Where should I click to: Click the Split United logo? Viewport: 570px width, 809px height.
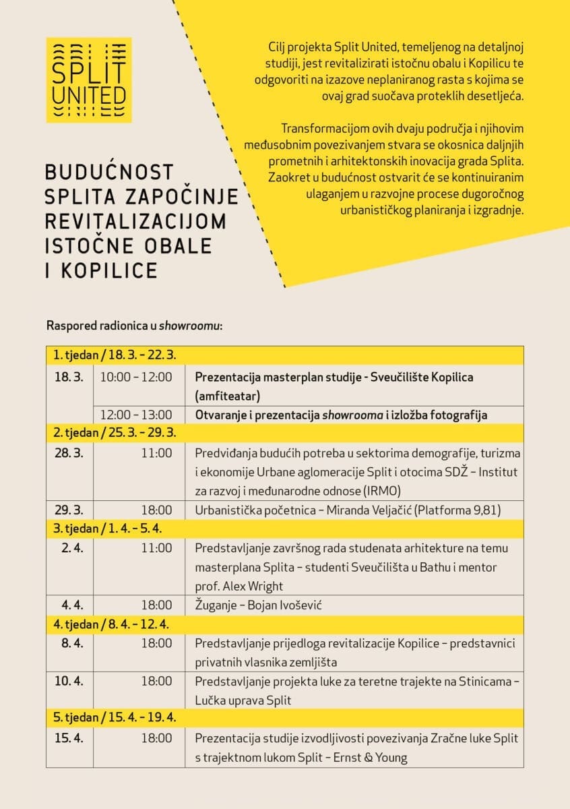88,80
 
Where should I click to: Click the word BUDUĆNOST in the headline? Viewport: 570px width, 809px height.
109,172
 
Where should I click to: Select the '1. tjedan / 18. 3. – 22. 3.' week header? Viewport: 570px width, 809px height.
115,355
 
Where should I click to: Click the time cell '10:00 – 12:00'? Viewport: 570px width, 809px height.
136,377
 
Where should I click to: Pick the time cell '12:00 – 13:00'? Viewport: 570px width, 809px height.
136,415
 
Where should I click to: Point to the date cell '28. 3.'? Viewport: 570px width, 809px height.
69,453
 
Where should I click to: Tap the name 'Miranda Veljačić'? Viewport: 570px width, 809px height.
367,510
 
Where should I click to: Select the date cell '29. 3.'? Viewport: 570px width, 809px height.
69,510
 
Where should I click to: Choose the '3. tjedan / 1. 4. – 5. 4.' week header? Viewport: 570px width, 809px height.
108,529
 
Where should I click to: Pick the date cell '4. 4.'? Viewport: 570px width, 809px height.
71,605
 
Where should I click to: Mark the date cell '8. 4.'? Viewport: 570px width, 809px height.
71,643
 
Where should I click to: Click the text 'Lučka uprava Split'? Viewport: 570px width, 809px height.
243,700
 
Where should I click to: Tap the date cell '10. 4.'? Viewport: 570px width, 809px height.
69,681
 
